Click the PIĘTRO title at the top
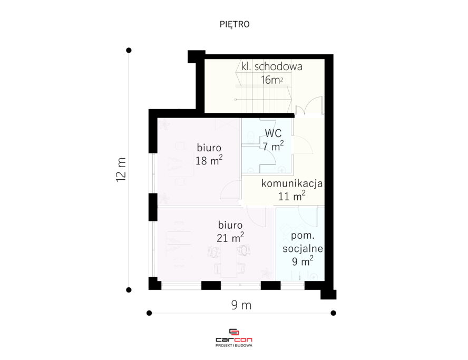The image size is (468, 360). tap(235, 24)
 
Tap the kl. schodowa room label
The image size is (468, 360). tap(272, 66)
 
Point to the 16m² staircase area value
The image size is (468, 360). tap(271, 80)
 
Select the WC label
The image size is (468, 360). tap(273, 133)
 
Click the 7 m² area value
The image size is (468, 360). tap(273, 146)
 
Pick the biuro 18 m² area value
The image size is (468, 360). tap(209, 161)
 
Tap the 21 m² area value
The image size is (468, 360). tap(230, 238)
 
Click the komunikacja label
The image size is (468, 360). tap(292, 183)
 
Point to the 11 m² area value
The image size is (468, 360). tap(291, 196)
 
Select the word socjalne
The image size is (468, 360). tap(303, 248)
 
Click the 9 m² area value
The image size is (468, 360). tap(303, 261)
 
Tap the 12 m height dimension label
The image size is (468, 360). tap(121, 170)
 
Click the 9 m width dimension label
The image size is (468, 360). tap(241, 305)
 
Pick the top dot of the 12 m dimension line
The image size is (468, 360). tap(129, 50)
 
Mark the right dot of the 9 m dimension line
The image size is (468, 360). tap(334, 313)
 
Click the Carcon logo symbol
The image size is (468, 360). tap(233, 332)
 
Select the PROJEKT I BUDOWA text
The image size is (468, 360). tap(233, 345)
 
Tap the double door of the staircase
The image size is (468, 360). tap(309, 105)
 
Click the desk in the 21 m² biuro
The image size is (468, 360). tap(229, 260)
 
